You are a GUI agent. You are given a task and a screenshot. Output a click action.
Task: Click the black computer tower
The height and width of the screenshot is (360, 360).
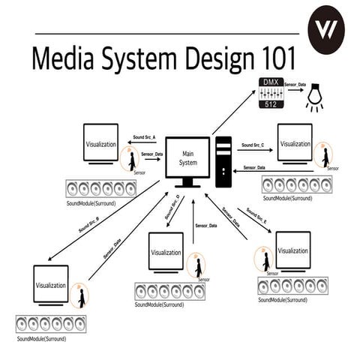(224, 161)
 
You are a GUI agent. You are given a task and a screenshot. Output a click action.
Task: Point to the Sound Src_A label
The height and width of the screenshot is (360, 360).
(144, 138)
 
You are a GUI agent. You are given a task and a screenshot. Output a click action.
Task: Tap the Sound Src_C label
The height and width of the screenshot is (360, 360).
(253, 144)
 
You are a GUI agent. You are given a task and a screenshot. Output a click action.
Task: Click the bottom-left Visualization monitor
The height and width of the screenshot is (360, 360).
(50, 285)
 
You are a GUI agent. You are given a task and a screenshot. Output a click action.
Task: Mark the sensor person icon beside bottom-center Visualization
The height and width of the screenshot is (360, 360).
(199, 266)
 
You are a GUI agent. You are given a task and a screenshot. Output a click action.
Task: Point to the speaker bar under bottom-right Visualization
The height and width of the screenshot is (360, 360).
(292, 285)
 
